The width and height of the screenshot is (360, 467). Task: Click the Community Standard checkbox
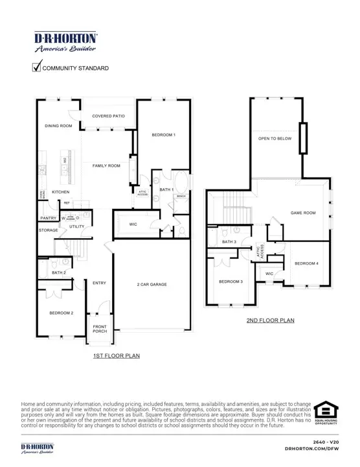(36, 67)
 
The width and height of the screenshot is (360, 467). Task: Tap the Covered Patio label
(108, 115)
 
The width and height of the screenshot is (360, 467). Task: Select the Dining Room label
(58, 126)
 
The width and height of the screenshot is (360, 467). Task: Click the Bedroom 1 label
(163, 134)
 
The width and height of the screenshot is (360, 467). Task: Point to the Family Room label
(107, 166)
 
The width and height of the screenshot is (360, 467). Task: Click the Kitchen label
(60, 192)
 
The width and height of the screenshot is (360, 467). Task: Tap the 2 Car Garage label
(152, 284)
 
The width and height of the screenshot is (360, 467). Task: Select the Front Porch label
(100, 329)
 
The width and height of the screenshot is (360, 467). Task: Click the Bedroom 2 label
(62, 313)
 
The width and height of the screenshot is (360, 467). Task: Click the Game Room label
(302, 213)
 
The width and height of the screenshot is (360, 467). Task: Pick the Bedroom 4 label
(306, 263)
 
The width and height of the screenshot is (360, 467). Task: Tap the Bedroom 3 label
(231, 281)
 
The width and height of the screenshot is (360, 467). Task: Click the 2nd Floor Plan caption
(270, 320)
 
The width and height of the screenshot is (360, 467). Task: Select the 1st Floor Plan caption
(117, 355)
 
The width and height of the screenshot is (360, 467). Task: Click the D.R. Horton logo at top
(65, 42)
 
